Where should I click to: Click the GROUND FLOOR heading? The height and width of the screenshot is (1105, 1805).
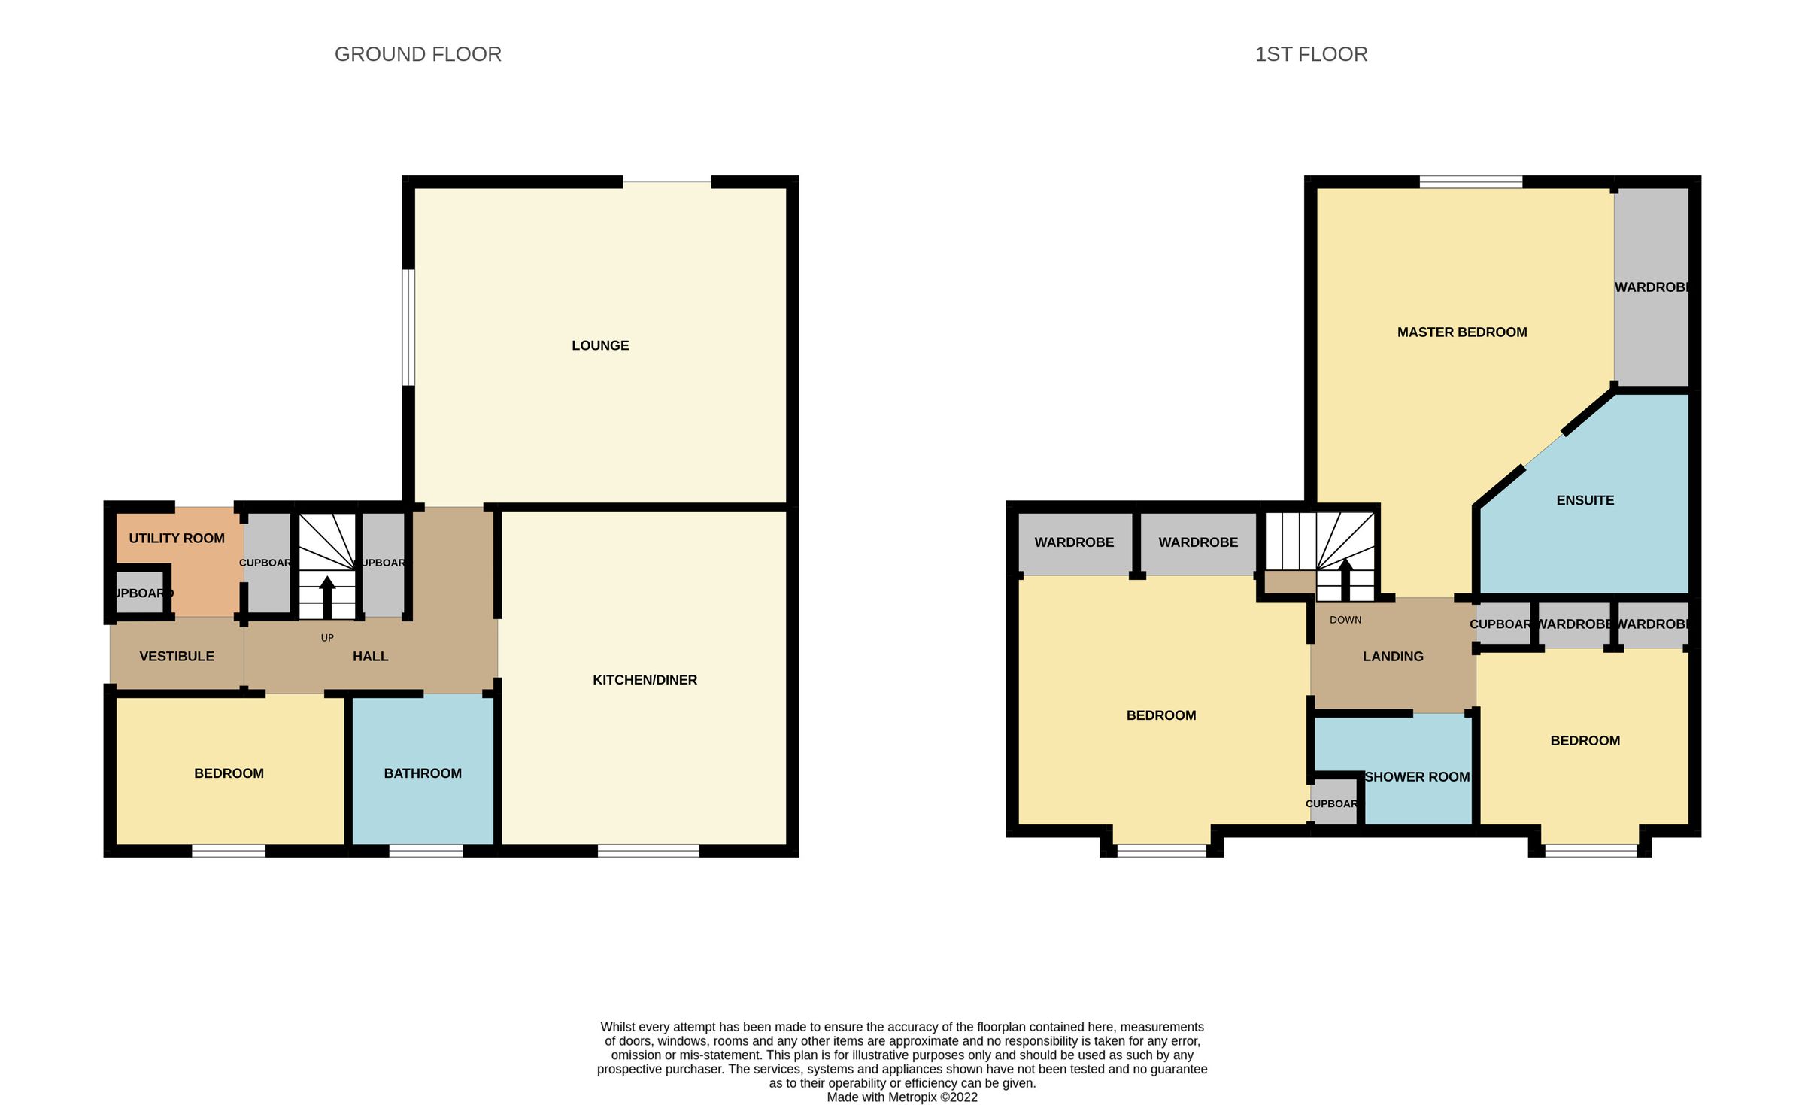point(417,54)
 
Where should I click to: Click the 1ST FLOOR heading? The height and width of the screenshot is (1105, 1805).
point(1311,54)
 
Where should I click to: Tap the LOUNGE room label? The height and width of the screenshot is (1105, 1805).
point(600,345)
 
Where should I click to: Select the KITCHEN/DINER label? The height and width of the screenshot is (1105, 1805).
point(645,680)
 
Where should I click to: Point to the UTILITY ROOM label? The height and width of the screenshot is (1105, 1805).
point(177,538)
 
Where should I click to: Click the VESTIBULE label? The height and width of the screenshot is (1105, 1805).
point(177,656)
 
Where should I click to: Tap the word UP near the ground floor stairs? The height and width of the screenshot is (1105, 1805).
point(327,638)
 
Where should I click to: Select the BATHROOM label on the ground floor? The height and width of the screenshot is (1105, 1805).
point(423,773)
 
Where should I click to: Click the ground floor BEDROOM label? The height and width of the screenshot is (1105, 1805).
point(229,773)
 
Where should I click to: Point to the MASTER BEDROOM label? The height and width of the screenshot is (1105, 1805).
point(1462,332)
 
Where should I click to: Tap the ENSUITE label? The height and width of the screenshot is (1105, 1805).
point(1585,500)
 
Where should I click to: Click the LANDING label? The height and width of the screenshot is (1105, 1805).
point(1393,657)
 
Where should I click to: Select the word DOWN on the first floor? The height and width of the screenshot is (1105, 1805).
point(1345,620)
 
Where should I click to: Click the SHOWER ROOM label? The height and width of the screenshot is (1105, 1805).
point(1417,777)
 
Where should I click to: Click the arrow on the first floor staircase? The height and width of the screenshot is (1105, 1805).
point(1345,579)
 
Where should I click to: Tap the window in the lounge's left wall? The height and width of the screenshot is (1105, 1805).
point(408,327)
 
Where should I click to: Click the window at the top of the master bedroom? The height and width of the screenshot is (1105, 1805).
point(1470,181)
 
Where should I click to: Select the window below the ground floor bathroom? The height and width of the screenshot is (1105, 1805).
point(426,851)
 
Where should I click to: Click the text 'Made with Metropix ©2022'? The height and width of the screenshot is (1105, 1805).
point(902,1097)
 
